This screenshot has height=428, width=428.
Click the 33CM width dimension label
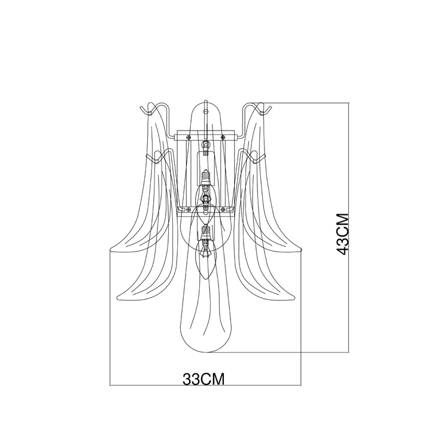pyautogui.click(x=204, y=379)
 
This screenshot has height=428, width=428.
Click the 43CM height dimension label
pyautogui.click(x=342, y=234)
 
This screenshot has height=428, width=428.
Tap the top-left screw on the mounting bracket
pyautogui.click(x=189, y=136)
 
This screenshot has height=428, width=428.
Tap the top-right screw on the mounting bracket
pyautogui.click(x=223, y=136)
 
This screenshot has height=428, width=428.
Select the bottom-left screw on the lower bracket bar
pyautogui.click(x=189, y=210)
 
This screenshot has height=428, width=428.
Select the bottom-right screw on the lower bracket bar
pyautogui.click(x=223, y=210)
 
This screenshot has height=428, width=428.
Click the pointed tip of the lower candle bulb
pyautogui.click(x=206, y=279)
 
